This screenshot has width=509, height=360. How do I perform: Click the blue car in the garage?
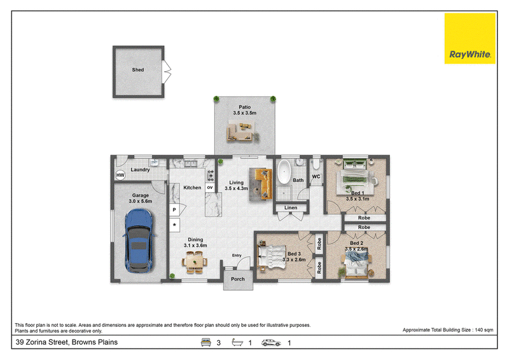[x=139, y=240]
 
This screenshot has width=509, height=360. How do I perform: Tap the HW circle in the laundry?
[x=120, y=176]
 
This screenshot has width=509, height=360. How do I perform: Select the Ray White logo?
[x=470, y=38]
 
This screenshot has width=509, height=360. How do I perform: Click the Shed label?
[x=137, y=70]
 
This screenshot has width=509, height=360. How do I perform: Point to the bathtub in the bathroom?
[x=284, y=172]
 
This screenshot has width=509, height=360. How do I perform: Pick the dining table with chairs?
[x=195, y=261]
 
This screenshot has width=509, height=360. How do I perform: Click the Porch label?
[x=237, y=279]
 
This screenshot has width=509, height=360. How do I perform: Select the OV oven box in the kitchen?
[x=210, y=188]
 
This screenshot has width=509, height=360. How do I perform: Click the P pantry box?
[x=174, y=210]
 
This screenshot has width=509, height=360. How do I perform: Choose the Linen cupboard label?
[x=291, y=208]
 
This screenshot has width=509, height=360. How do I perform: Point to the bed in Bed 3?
[x=272, y=257]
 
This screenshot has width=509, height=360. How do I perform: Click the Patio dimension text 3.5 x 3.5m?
[x=244, y=113]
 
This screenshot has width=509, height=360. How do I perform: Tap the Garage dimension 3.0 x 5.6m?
[x=140, y=201]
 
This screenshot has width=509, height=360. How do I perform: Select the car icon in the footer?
[x=271, y=342]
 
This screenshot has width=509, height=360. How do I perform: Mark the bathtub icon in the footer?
[x=237, y=342]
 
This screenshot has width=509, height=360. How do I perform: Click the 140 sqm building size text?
[x=484, y=330]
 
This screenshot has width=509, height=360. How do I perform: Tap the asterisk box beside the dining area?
[x=174, y=225]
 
